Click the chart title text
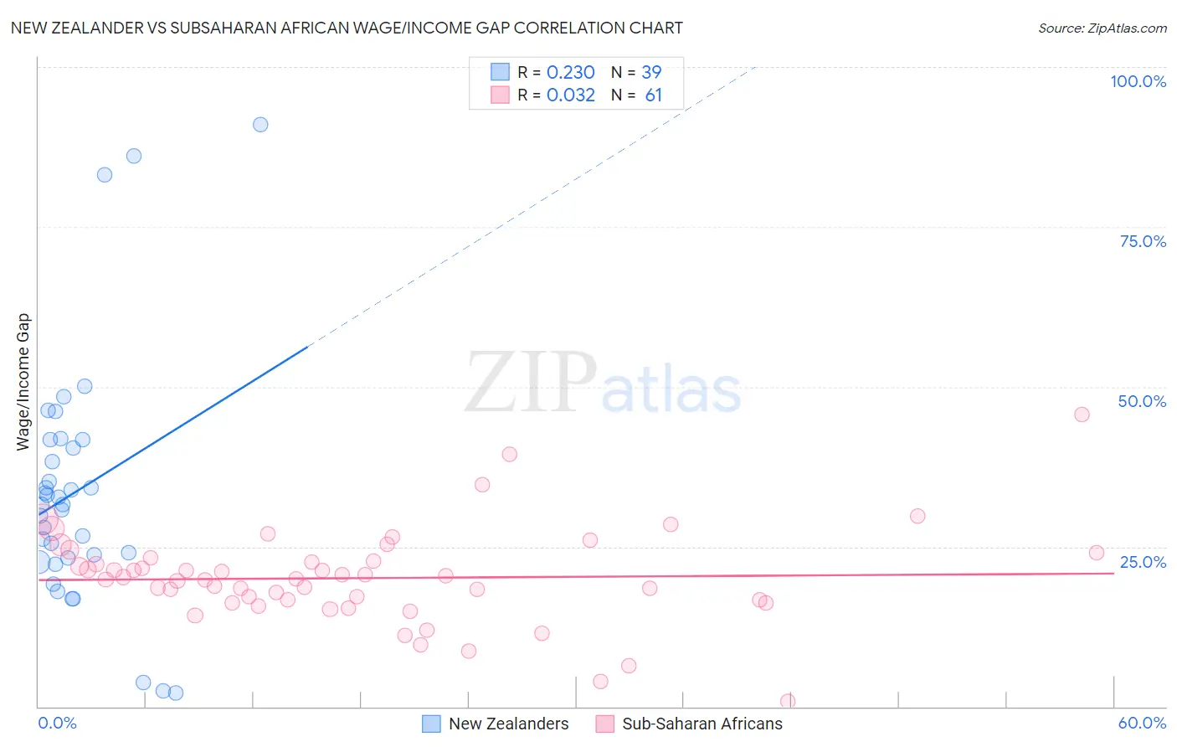(x=347, y=28)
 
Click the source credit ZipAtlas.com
(x=1102, y=28)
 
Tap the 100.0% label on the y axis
(x=1138, y=81)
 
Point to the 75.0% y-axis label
(x=1143, y=241)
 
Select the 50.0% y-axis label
(x=1142, y=401)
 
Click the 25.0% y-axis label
(x=1143, y=561)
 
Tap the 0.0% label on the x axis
(x=57, y=723)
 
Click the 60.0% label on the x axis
(x=1142, y=723)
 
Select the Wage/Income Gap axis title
(x=23, y=382)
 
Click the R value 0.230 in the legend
(x=570, y=73)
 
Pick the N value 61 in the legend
(x=653, y=95)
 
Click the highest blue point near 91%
(x=260, y=125)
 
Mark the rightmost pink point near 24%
(x=1096, y=553)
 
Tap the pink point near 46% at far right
(x=1082, y=415)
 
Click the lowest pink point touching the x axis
(x=787, y=701)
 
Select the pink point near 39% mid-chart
(x=509, y=454)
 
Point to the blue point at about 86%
(x=134, y=156)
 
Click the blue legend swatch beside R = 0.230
(x=500, y=72)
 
